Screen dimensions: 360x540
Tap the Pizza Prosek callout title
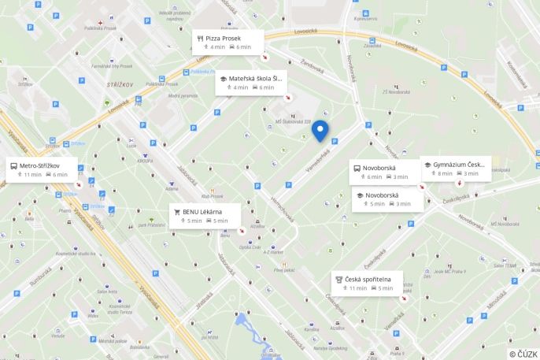coord(224,38)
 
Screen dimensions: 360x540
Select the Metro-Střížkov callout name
coord(40,165)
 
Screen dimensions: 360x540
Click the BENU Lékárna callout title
coord(202,212)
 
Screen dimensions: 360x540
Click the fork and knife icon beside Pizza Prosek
coord(200,38)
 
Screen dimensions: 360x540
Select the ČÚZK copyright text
coord(523,354)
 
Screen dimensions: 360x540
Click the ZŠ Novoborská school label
coord(397,91)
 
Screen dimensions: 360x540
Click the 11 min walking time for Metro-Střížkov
coord(31,175)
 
